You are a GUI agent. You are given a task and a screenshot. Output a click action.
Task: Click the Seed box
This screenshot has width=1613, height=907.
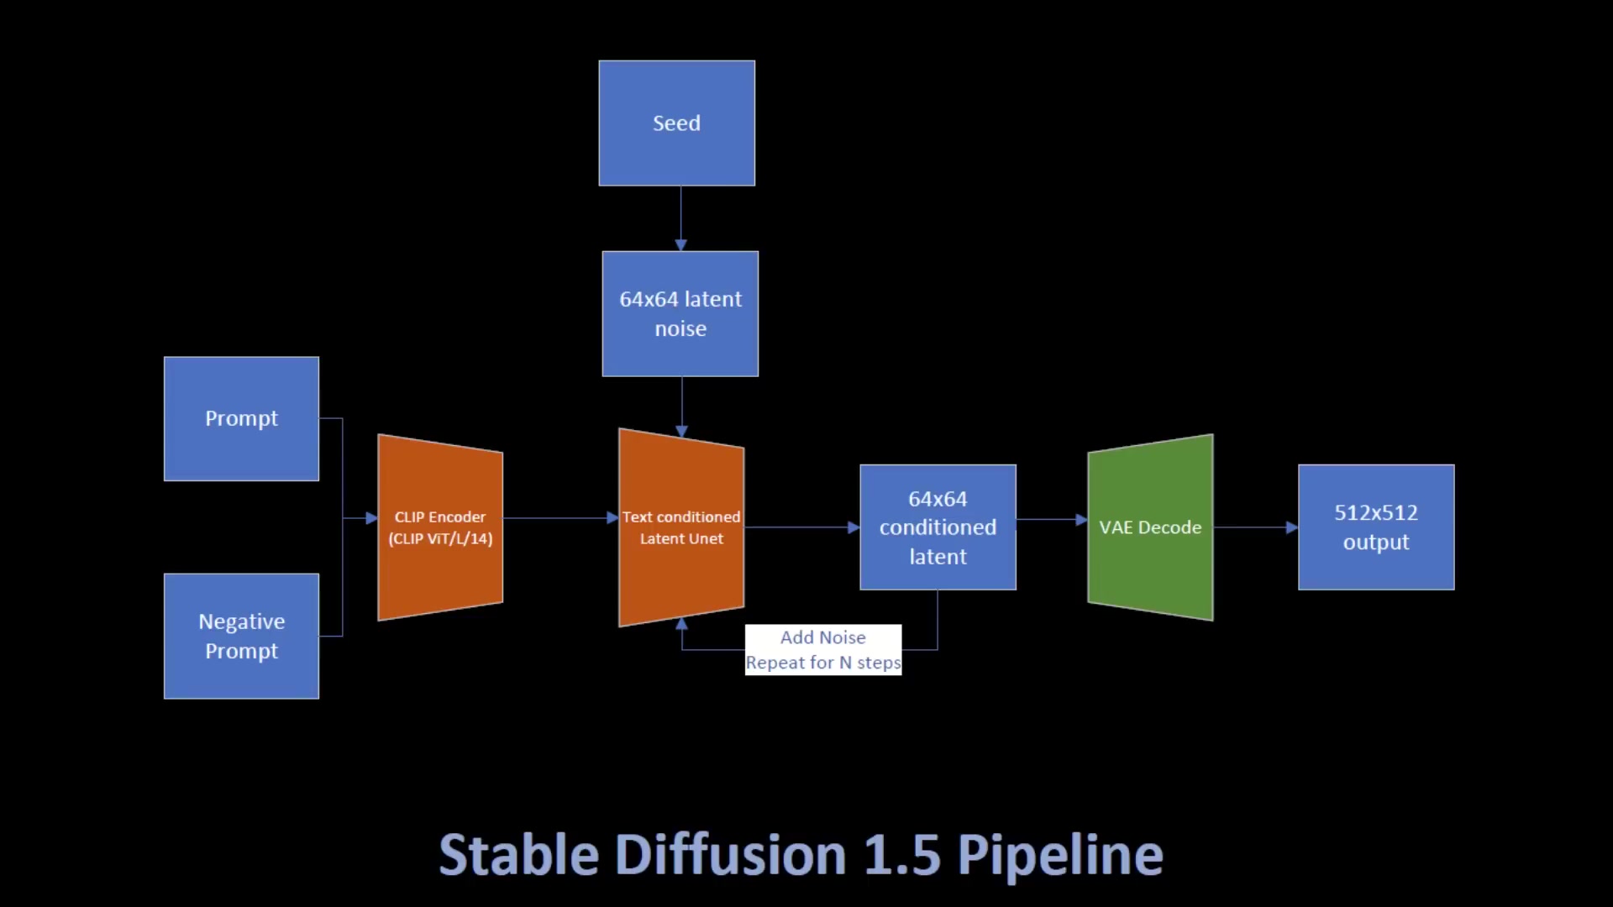click(x=676, y=123)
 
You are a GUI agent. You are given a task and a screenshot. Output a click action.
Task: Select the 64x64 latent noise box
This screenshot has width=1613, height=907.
click(x=680, y=313)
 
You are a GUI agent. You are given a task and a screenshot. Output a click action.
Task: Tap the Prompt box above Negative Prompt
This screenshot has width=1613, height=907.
click(x=241, y=418)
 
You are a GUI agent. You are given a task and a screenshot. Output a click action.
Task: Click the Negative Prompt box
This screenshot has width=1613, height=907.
click(x=241, y=636)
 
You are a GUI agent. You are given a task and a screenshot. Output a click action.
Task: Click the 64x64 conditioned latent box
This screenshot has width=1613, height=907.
click(x=938, y=527)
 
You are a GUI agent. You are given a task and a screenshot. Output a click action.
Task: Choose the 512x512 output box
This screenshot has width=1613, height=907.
click(x=1375, y=527)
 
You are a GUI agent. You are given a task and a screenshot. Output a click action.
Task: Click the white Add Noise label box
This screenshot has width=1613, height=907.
click(x=822, y=649)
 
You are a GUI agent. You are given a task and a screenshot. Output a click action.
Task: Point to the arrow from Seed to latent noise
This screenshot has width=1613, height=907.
click(x=680, y=218)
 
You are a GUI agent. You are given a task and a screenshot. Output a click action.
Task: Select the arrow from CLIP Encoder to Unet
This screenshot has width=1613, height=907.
click(x=559, y=518)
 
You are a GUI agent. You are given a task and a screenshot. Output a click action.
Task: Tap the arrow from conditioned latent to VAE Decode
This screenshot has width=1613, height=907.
click(x=1050, y=520)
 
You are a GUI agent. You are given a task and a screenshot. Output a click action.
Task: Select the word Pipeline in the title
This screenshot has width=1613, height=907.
click(x=1060, y=855)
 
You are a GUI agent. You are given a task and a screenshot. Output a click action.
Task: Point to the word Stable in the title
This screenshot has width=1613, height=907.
click(x=518, y=855)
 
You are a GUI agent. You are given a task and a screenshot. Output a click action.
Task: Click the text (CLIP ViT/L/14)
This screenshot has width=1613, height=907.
click(x=440, y=539)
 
